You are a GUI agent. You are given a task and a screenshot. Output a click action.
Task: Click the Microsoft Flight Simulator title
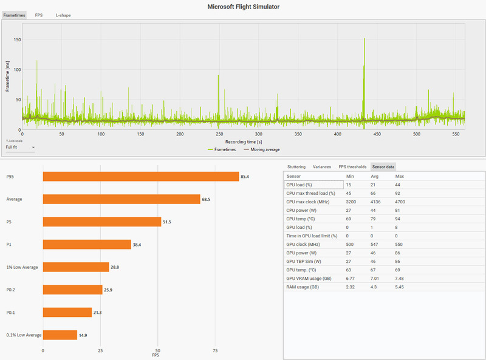tap(243, 6)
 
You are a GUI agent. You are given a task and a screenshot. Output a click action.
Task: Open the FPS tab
tap(39, 15)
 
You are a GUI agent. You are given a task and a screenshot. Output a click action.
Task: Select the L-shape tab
tap(63, 15)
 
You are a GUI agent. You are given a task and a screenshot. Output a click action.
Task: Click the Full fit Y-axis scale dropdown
tap(20, 147)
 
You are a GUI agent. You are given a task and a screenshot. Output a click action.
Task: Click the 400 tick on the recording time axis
tap(338, 134)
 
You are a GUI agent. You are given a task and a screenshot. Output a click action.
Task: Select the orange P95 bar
tap(140, 177)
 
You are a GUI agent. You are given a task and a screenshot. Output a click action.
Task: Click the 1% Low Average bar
tap(76, 267)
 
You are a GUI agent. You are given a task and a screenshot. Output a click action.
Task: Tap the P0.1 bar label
tap(11, 312)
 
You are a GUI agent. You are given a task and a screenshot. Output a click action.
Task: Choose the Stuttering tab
tap(296, 166)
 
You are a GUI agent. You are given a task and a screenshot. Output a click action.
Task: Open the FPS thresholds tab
tap(352, 166)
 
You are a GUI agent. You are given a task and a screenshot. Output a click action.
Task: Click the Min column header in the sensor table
tap(350, 175)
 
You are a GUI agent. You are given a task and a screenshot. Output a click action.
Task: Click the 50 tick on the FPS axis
tap(158, 351)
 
